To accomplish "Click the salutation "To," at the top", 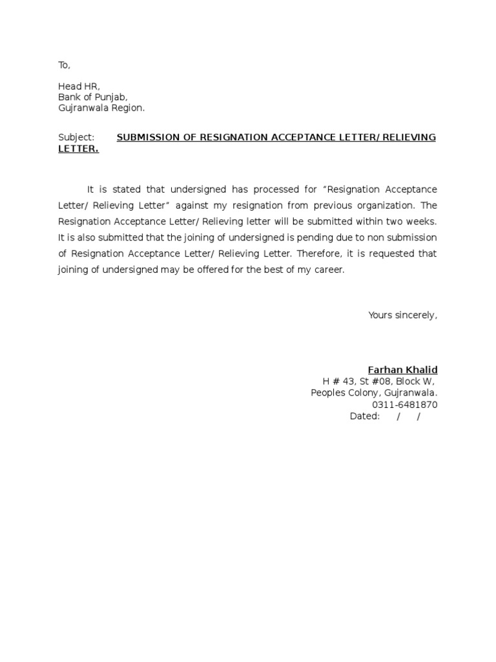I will tap(64, 65).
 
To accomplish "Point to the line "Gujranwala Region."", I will tap(101, 108).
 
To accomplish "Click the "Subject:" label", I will tap(76, 137).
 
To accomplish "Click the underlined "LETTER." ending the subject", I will tap(78, 149).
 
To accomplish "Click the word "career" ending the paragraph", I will tap(329, 269).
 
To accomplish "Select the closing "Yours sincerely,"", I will tap(402, 315).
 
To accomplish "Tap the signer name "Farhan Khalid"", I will tap(402, 370).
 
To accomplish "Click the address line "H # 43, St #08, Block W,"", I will tap(378, 381).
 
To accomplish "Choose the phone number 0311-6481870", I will tap(404, 405).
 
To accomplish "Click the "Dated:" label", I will tap(364, 416).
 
